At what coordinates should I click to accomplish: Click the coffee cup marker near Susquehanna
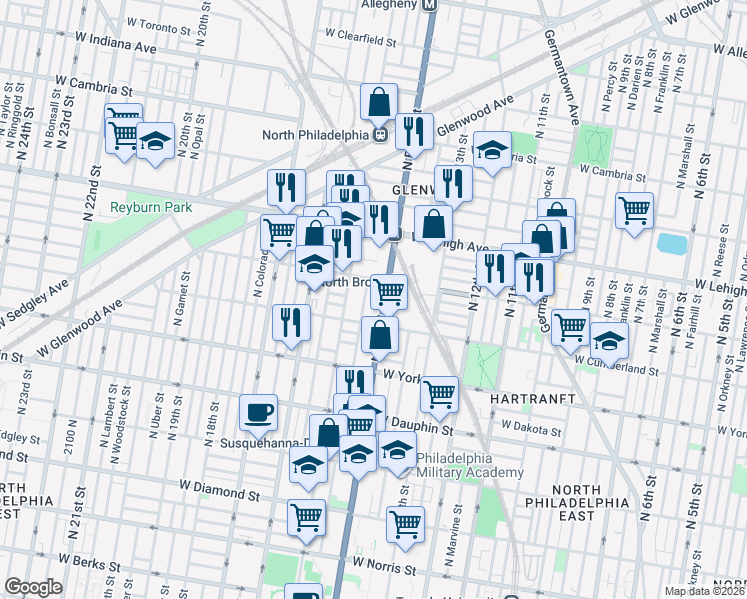pyautogui.click(x=259, y=412)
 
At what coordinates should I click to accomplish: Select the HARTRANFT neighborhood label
pyautogui.click(x=530, y=397)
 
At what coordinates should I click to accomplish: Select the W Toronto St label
pyautogui.click(x=162, y=22)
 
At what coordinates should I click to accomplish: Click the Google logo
pyautogui.click(x=33, y=587)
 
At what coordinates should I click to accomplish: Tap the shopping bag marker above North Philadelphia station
pyautogui.click(x=379, y=101)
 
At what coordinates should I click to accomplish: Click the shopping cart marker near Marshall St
pyautogui.click(x=634, y=211)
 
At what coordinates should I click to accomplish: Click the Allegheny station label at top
pyautogui.click(x=389, y=4)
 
